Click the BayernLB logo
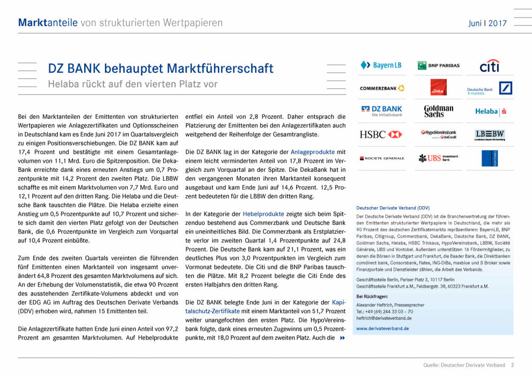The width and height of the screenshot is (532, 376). click(x=381, y=65)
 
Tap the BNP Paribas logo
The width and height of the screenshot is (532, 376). click(x=438, y=65)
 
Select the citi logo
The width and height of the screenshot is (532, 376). click(x=489, y=66)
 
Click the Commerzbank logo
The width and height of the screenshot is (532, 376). click(x=382, y=88)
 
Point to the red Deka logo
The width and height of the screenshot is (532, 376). click(x=438, y=87)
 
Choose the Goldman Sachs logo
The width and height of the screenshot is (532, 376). click(x=438, y=111)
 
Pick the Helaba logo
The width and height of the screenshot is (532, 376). click(x=490, y=111)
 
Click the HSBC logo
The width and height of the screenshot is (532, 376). click(x=381, y=135)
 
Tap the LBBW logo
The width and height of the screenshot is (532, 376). click(x=489, y=135)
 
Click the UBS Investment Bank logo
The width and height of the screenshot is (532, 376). click(x=438, y=158)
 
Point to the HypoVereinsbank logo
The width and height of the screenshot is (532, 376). click(x=438, y=135)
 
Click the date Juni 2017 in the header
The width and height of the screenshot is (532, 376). click(x=487, y=23)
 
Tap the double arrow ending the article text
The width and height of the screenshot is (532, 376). click(x=342, y=338)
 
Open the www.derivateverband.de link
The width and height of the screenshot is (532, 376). click(x=382, y=328)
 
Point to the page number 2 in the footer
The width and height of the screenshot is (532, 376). click(x=512, y=366)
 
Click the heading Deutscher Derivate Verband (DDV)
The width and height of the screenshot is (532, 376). click(x=393, y=208)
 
